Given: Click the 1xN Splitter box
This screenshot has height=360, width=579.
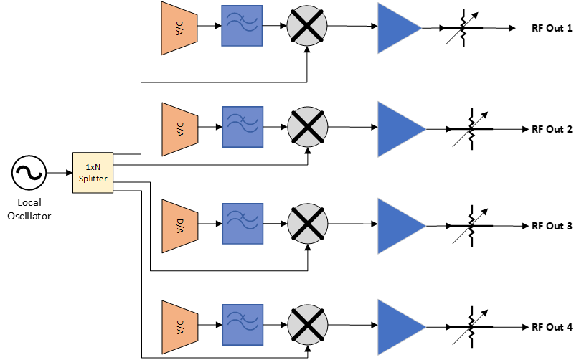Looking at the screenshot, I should coord(93,172).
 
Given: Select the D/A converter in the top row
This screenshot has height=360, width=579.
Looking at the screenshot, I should coord(179,28).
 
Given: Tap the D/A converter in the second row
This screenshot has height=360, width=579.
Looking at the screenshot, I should coord(179,129).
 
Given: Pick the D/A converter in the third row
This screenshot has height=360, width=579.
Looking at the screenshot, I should coord(179,226).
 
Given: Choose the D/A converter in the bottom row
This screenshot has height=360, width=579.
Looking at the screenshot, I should coord(179,327).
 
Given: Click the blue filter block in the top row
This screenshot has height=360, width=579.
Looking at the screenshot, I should coord(242,26).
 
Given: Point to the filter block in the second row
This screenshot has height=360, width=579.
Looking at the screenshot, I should coord(243,127).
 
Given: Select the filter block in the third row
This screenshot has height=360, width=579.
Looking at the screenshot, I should coord(243,224).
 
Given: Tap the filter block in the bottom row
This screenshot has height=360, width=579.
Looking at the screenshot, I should coord(243,325).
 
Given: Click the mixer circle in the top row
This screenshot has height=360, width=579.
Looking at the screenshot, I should coord(307,26).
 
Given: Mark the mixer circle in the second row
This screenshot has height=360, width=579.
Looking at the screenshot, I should coord(308,127).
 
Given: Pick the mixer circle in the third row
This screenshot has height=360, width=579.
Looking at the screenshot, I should coord(308,224).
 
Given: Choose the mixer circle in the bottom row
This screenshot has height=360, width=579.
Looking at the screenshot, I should coord(308,325).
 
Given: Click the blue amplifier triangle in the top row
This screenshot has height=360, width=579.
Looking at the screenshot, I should coord(396,29).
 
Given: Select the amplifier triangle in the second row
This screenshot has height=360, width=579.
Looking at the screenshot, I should coord(398,129).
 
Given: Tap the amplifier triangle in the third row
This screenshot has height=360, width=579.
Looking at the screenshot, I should coord(398,226).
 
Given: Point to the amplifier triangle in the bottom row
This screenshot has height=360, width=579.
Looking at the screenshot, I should coord(398,327).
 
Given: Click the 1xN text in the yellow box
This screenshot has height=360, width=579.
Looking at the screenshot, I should coord(93,167).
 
